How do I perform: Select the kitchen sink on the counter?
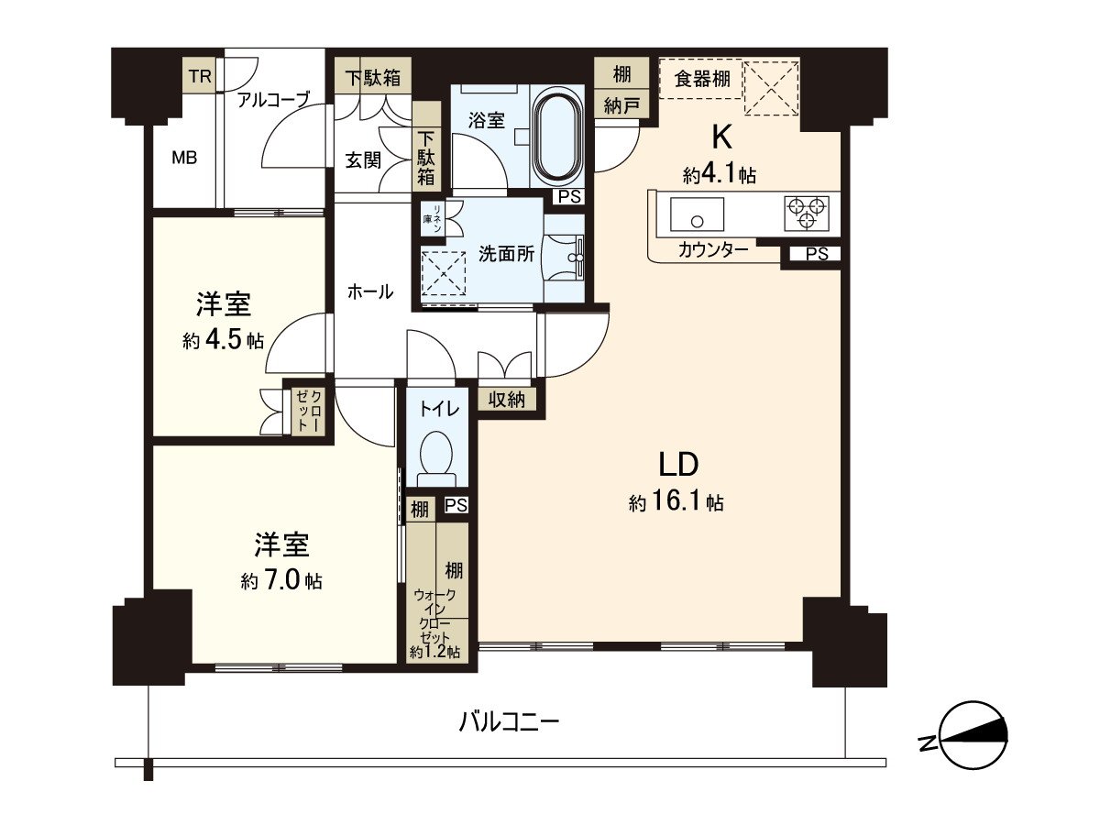(697, 214)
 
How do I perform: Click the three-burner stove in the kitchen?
(807, 213)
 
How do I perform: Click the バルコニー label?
(509, 722)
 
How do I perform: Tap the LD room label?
(678, 464)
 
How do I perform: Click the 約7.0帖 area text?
(281, 580)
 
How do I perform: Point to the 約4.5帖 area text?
(223, 341)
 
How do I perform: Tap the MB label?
(184, 157)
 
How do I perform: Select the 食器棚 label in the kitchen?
(702, 79)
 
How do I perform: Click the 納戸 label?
(621, 106)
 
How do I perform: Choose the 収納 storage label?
(506, 399)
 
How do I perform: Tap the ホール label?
(370, 291)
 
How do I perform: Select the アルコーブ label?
(273, 100)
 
